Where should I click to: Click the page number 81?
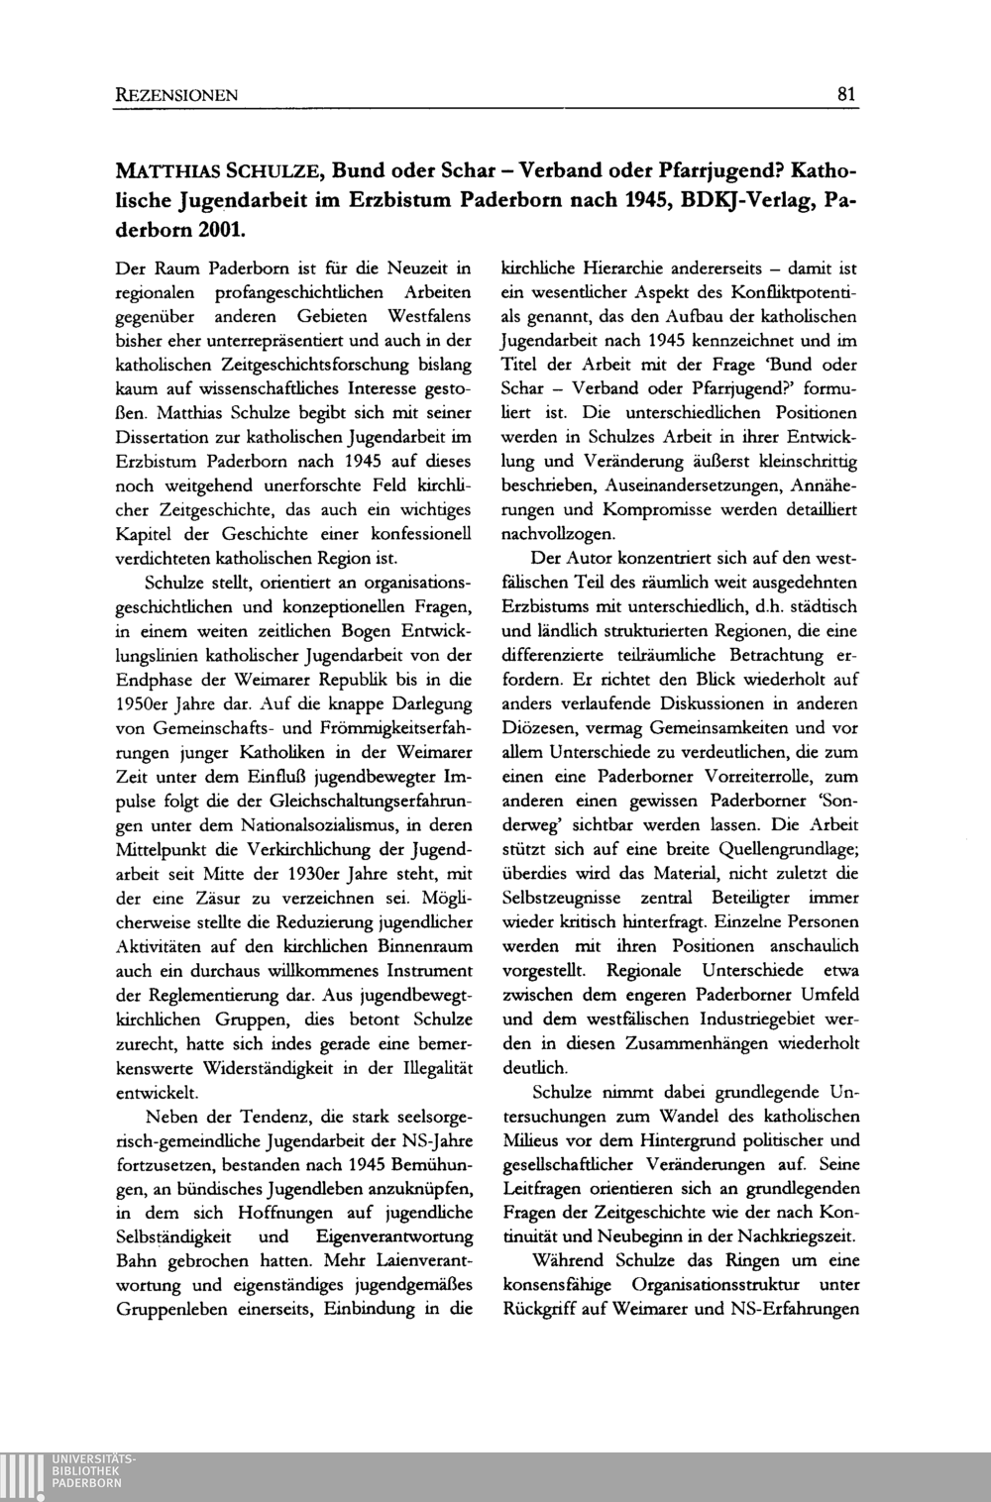coord(846,96)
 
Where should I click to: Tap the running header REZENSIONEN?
coord(175,96)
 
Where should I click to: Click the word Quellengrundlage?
coord(765,848)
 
